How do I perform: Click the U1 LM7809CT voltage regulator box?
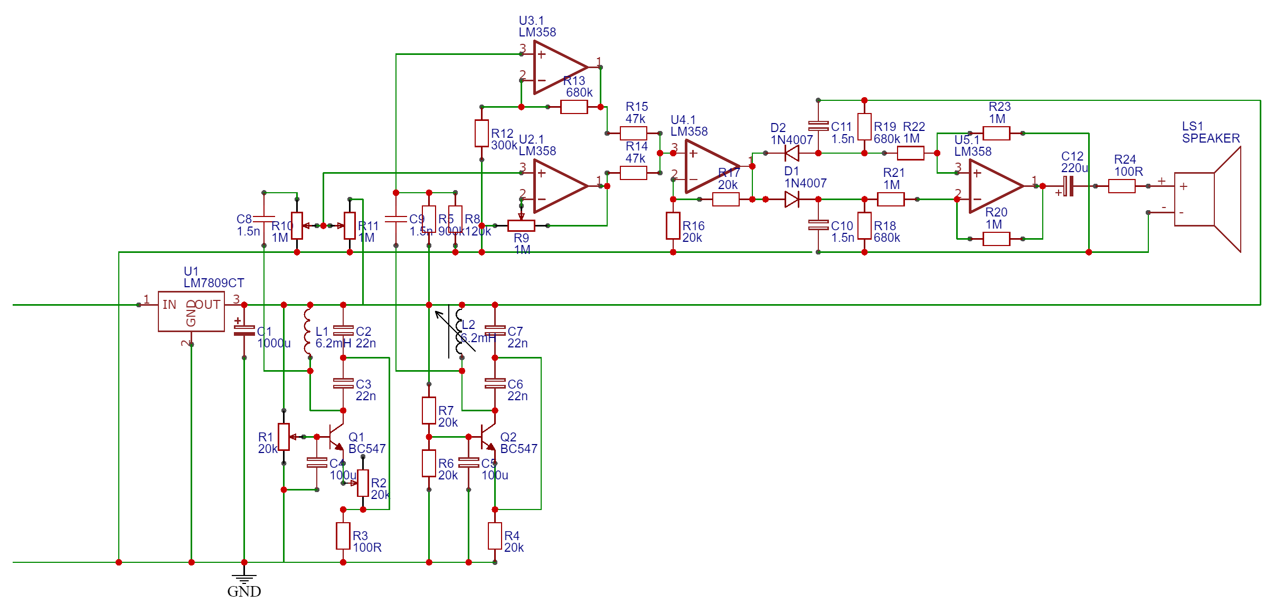[x=191, y=312]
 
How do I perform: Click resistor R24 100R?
[x=1121, y=186]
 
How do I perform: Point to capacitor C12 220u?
[x=1068, y=186]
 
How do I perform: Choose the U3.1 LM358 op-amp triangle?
[x=560, y=68]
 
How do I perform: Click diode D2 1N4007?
[x=792, y=153]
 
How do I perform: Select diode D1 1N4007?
[x=792, y=199]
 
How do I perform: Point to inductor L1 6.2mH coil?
[x=307, y=332]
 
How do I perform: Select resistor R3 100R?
[x=343, y=536]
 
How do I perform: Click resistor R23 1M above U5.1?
[x=996, y=133]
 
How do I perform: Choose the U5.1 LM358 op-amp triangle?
[x=995, y=186]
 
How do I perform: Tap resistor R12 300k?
[x=482, y=133]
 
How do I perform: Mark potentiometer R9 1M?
[x=521, y=225]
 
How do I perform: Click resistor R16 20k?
[x=673, y=226]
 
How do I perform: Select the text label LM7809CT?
[x=214, y=283]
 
